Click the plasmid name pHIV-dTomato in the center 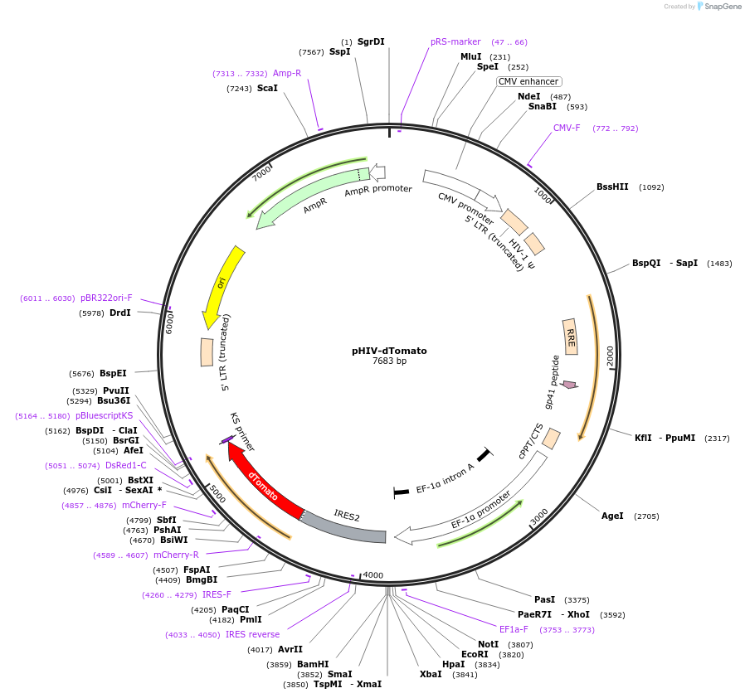click(389, 351)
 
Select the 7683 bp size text click(389, 361)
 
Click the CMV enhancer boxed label click(528, 81)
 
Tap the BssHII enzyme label click(612, 187)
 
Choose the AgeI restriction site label click(611, 516)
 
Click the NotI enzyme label click(489, 644)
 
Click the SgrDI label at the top click(371, 41)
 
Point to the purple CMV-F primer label click(567, 128)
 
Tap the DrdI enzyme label click(119, 313)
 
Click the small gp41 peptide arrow click(569, 385)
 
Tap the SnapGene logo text click(722, 7)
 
